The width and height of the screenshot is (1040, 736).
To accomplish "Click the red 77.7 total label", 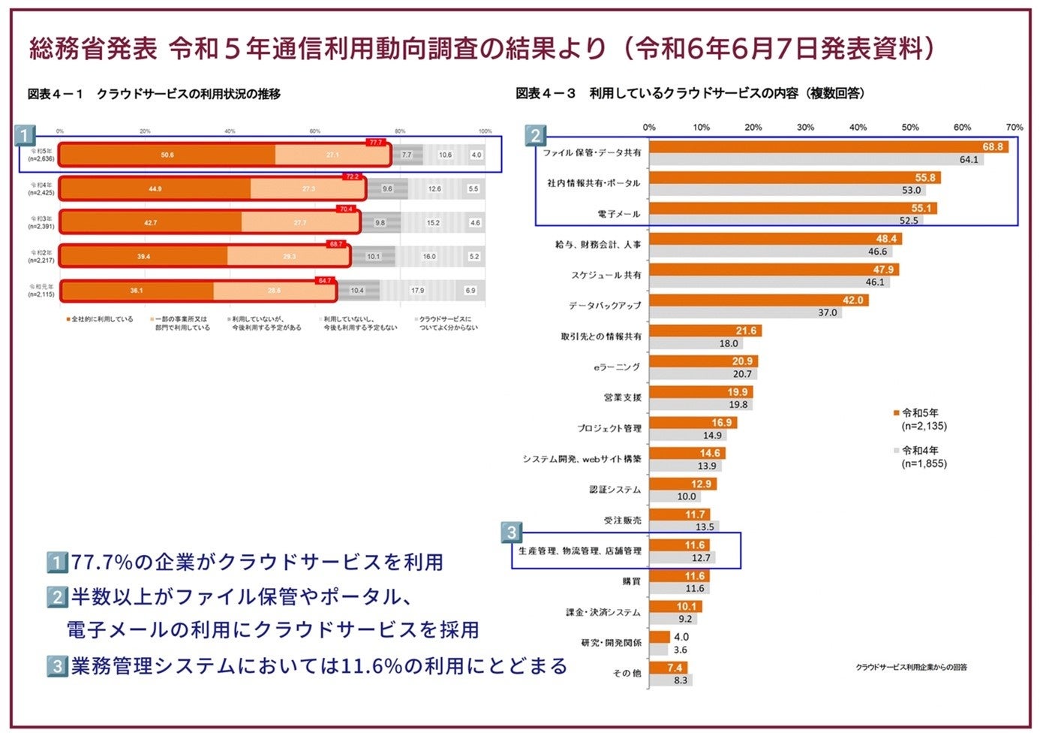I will [375, 143].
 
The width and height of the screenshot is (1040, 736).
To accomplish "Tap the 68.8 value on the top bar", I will [993, 147].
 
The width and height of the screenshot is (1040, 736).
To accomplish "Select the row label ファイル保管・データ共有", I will [592, 153].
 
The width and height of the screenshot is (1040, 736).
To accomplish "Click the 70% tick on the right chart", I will [1014, 128].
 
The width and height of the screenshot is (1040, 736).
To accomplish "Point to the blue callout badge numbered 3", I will [512, 532].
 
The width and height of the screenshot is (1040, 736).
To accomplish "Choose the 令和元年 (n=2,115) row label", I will [42, 291].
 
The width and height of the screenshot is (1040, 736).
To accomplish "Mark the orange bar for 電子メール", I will [792, 209].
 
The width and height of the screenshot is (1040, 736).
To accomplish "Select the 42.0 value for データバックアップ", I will [853, 300].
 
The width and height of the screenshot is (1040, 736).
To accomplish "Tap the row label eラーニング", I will [617, 367].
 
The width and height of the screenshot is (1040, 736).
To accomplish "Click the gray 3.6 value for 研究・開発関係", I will [680, 650].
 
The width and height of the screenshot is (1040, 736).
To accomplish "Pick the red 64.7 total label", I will [324, 281].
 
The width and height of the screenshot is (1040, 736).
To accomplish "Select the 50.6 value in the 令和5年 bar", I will [167, 155].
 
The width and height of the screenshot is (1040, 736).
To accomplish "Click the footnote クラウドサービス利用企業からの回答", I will [911, 667].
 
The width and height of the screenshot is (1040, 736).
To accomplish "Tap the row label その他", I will [627, 674].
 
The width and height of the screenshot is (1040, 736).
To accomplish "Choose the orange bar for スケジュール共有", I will [773, 270].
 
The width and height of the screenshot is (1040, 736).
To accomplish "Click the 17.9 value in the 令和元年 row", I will [417, 291].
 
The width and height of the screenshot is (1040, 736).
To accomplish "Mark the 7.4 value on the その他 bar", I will [675, 668].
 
